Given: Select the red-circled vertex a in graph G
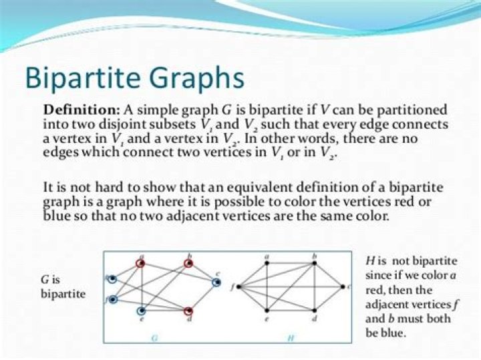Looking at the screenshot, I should point(141,264).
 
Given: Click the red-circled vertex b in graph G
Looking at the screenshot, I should point(190,264).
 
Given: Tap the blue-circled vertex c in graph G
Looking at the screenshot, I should point(216,283).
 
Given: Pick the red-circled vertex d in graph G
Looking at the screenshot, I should point(189,311).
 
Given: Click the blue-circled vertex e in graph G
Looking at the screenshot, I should point(142,311).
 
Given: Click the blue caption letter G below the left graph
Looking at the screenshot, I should point(154,338).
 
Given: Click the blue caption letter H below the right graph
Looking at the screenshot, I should point(291,338).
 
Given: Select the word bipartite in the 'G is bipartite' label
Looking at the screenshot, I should point(63,294).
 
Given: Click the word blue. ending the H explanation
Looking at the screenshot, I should point(392,333).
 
